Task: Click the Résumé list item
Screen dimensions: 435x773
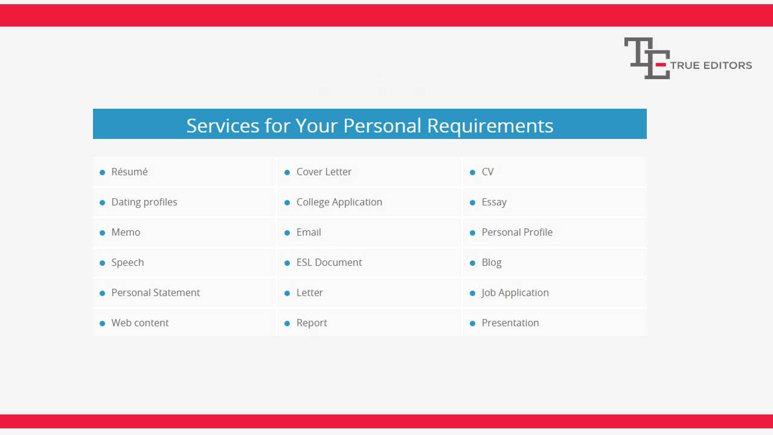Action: tap(129, 172)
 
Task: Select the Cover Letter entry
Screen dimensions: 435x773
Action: tap(324, 172)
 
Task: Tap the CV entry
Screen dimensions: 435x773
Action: tap(487, 172)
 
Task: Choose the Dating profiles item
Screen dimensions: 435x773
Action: tap(144, 202)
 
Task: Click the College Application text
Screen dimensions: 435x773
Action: tap(339, 202)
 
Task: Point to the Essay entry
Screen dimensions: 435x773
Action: tap(494, 202)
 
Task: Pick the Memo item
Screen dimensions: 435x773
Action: tap(126, 232)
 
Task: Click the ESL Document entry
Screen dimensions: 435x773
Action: tap(329, 262)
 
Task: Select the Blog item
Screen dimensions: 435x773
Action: tap(492, 262)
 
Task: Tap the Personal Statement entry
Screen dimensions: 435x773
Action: tap(155, 292)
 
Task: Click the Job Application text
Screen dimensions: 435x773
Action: tap(515, 292)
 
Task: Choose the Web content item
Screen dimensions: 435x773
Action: tap(140, 323)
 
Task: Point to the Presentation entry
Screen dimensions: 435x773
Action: tap(510, 323)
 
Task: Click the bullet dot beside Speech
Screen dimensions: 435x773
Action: tap(102, 263)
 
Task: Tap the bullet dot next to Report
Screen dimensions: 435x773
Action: tap(287, 323)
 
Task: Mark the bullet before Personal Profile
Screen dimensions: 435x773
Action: tap(472, 233)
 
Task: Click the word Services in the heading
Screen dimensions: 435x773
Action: tap(223, 125)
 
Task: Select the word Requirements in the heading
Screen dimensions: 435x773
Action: tap(490, 125)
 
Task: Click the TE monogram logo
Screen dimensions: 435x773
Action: tap(646, 58)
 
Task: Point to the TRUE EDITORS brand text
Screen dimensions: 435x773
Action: tap(711, 65)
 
